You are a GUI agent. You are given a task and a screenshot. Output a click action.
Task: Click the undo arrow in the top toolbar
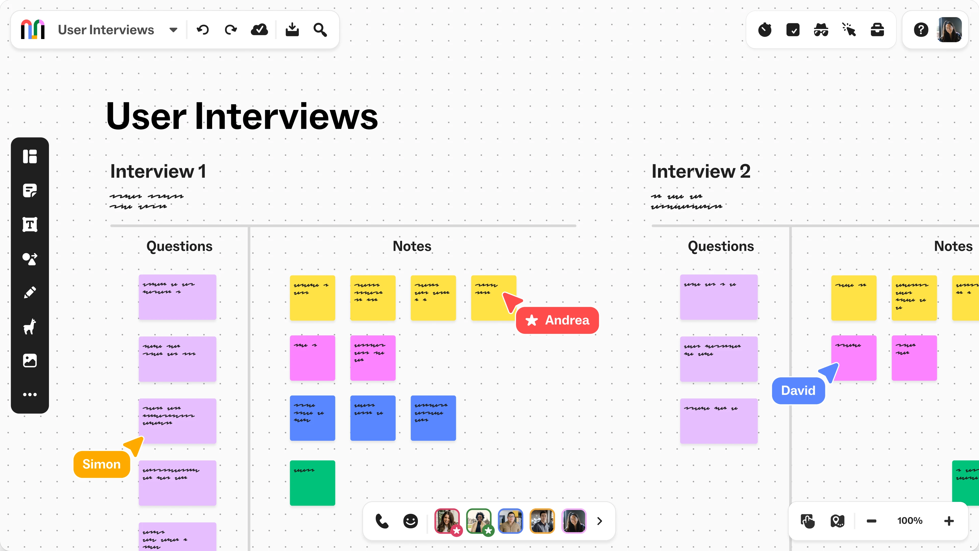point(203,30)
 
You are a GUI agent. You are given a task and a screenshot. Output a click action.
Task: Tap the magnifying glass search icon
point(320,30)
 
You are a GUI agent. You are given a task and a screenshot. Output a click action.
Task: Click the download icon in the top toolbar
point(292,30)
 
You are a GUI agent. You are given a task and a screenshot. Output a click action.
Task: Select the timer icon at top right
point(765,30)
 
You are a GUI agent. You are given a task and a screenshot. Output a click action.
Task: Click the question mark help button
point(921,30)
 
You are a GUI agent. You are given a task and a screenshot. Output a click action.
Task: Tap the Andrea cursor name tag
point(558,320)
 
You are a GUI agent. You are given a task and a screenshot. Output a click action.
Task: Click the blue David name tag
point(798,391)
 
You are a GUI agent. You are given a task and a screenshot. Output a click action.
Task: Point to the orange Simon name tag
point(101,464)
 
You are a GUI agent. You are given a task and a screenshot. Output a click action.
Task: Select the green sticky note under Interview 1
point(312,483)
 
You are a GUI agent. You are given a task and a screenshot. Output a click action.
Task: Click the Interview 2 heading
point(701,171)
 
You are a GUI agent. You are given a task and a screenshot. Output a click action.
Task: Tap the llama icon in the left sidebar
point(30,327)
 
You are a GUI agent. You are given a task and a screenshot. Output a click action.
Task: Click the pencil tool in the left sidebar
point(30,292)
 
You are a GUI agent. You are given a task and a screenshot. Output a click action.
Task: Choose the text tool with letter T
point(30,224)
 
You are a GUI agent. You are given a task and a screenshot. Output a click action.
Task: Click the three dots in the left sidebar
point(30,394)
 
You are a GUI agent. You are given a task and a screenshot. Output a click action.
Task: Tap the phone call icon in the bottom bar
point(382,521)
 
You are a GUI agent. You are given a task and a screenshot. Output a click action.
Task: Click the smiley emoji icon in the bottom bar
point(410,521)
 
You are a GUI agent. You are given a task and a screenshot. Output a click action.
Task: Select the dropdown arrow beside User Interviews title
point(173,30)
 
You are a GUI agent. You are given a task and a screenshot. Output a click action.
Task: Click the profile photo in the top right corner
point(949,30)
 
